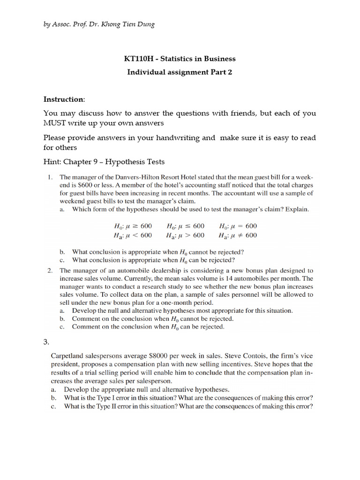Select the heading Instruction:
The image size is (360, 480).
point(64,99)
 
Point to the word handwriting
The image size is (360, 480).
point(178,138)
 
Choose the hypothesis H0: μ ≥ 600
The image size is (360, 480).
point(133,225)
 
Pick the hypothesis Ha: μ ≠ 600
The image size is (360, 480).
point(237,235)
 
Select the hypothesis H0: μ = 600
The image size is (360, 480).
point(237,225)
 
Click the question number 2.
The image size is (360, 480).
point(50,270)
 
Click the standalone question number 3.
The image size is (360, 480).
point(46,342)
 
